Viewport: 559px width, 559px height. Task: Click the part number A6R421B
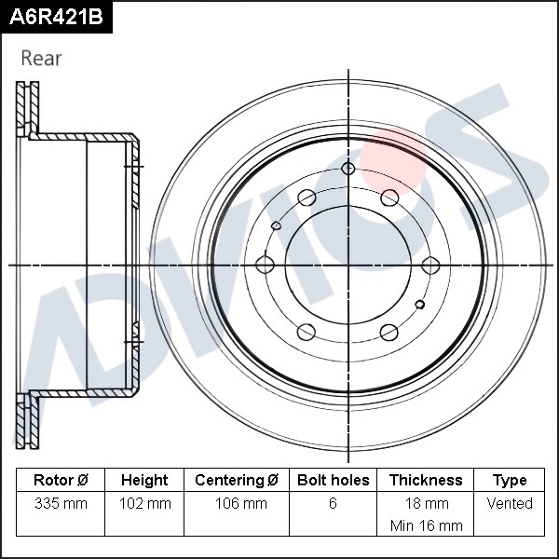[56, 17]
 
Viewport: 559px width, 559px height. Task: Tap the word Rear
[41, 58]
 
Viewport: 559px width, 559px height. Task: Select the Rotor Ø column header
[61, 480]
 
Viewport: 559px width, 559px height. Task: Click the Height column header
[144, 480]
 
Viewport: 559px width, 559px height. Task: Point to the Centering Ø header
[237, 480]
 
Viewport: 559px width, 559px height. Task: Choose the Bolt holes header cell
[333, 480]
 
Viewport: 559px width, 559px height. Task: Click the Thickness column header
[426, 480]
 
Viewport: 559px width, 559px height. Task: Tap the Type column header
[510, 481]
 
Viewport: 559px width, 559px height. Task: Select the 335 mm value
[61, 503]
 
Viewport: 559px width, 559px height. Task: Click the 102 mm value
[144, 503]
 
